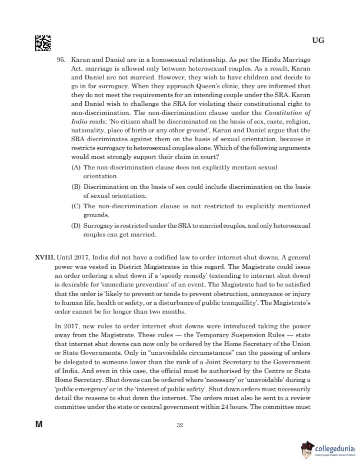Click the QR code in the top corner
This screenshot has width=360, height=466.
click(42, 43)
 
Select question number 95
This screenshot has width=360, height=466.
click(61, 61)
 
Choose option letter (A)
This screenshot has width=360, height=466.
click(75, 168)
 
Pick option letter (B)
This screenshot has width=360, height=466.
click(75, 187)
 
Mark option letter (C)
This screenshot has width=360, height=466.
click(75, 206)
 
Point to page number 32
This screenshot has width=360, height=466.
click(180, 441)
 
